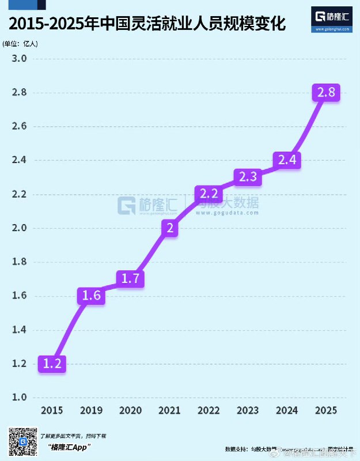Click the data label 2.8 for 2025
pyautogui.click(x=326, y=92)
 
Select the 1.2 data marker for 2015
pyautogui.click(x=52, y=364)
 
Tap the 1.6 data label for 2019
pyautogui.click(x=92, y=296)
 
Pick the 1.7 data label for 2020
pyautogui.click(x=130, y=279)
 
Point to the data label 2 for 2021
pyautogui.click(x=169, y=228)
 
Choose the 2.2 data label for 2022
pyautogui.click(x=209, y=194)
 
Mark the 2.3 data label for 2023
pyautogui.click(x=248, y=177)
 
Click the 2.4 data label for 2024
pyautogui.click(x=287, y=160)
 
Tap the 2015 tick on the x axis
pyautogui.click(x=52, y=410)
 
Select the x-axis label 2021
pyautogui.click(x=169, y=410)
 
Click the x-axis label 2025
pyautogui.click(x=326, y=410)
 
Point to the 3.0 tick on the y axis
pyautogui.click(x=20, y=59)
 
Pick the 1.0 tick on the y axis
pyautogui.click(x=20, y=398)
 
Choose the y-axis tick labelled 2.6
pyautogui.click(x=20, y=126)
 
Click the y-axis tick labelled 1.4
pyautogui.click(x=20, y=330)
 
